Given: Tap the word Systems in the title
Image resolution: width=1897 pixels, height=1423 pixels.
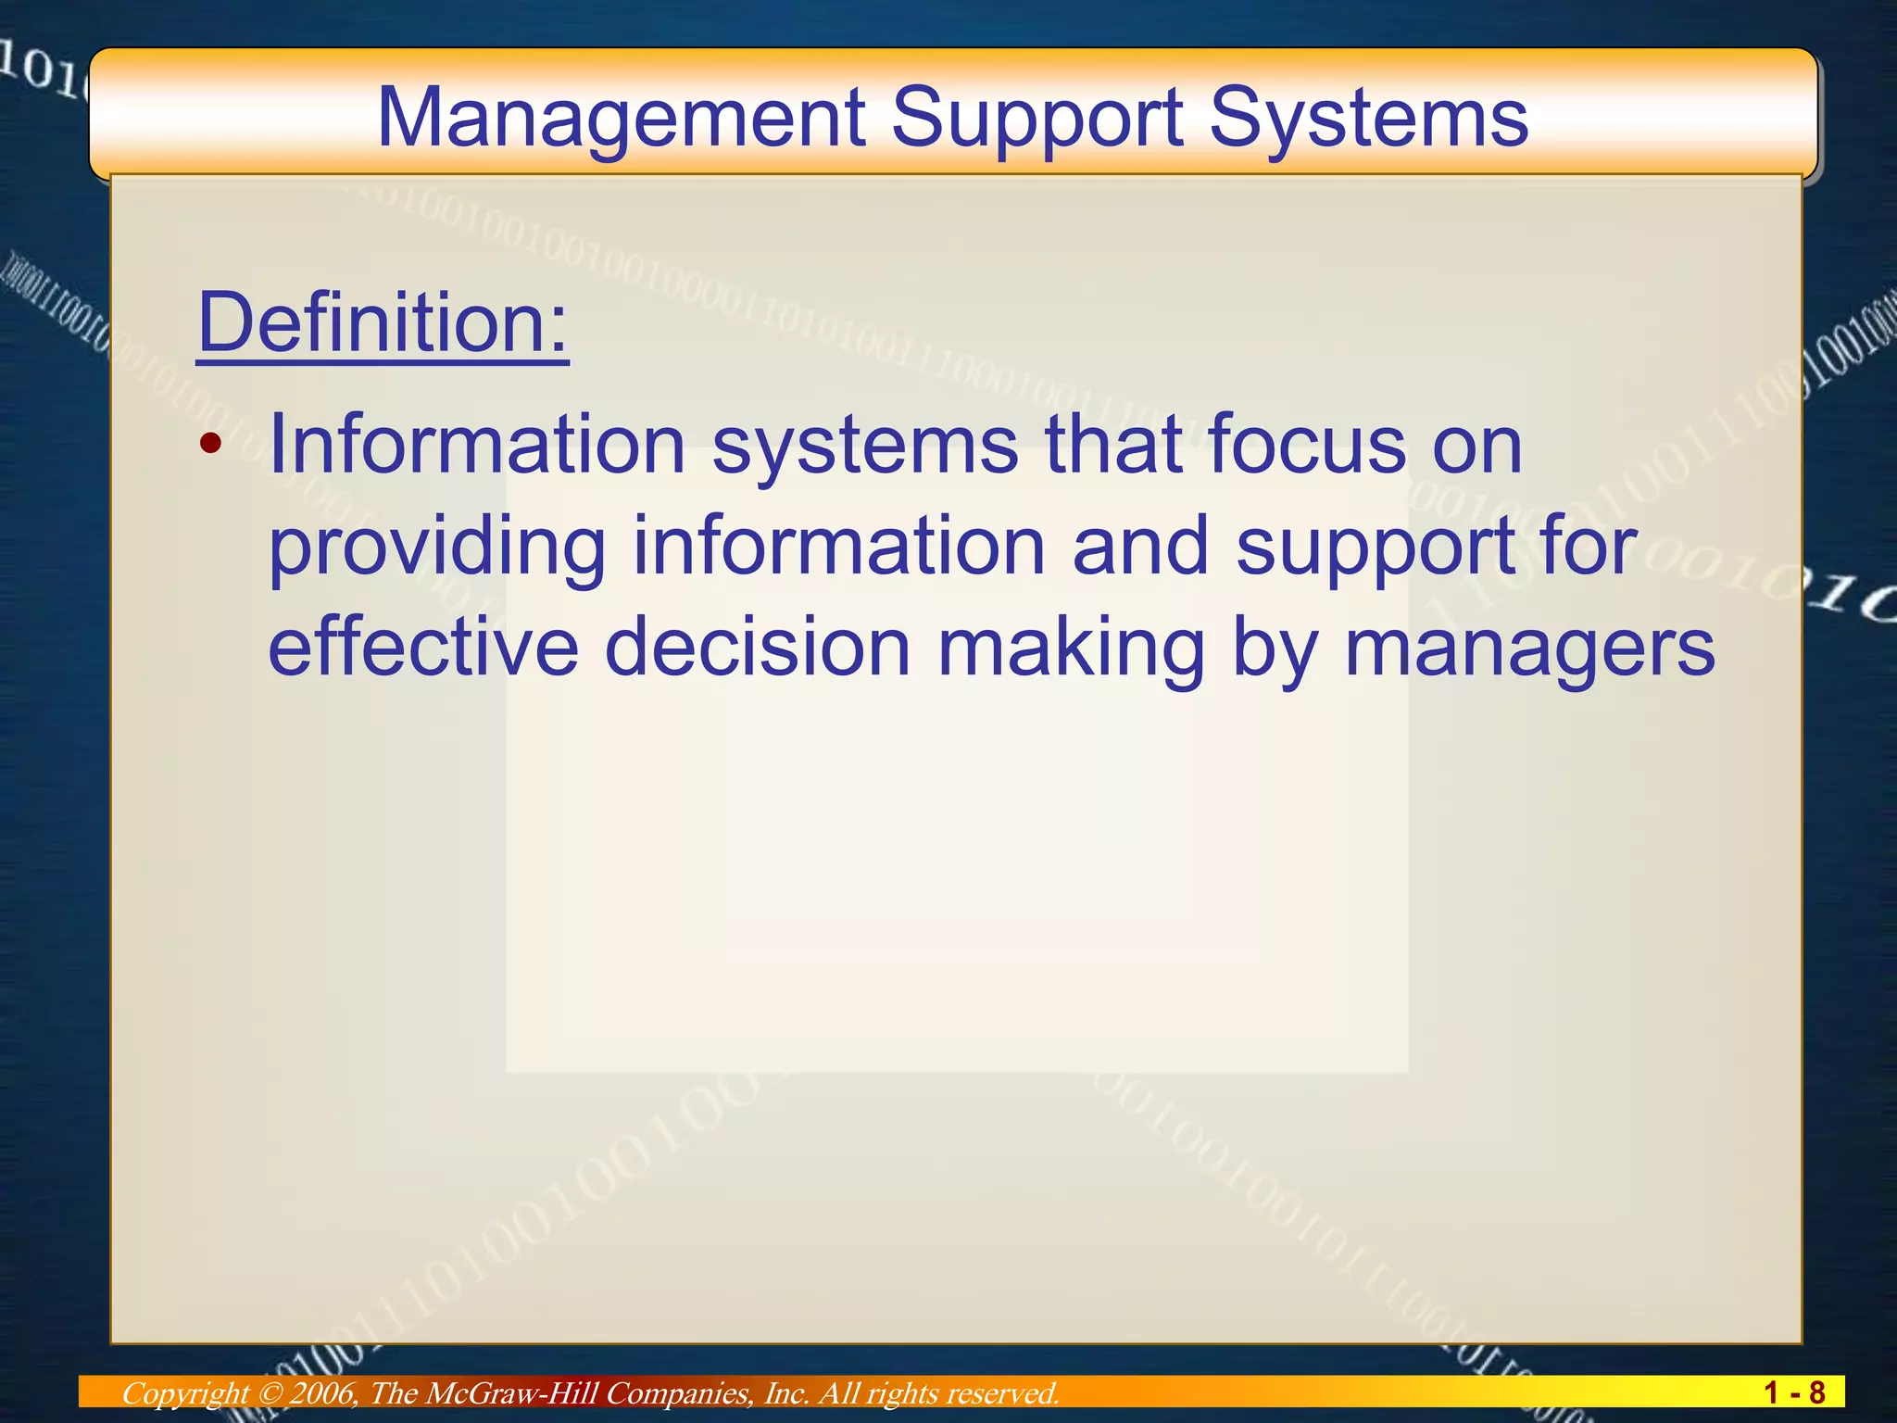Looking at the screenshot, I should click(1368, 119).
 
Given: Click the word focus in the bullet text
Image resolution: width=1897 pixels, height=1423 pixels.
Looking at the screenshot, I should click(1306, 445).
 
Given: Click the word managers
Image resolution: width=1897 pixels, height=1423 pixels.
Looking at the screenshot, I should click(1529, 649).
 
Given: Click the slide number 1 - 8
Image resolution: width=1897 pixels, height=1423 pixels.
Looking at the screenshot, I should click(1794, 1392).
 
